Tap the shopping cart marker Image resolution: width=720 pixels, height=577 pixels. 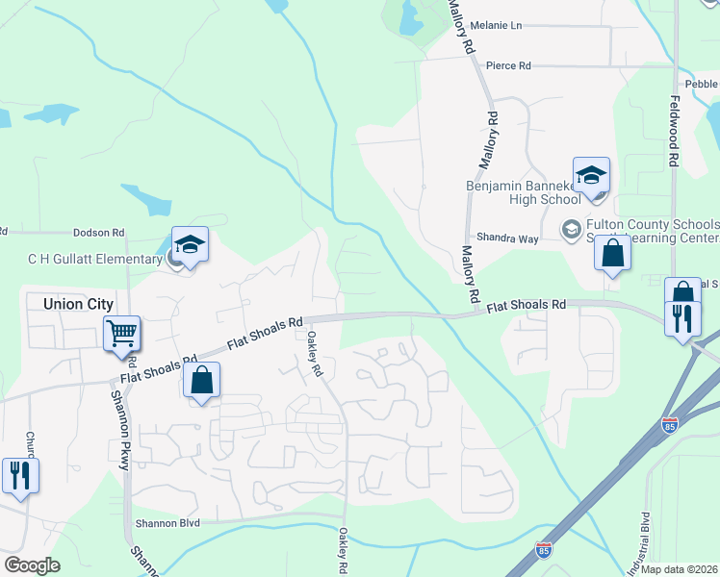pyautogui.click(x=122, y=335)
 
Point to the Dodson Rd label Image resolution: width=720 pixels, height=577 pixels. pyautogui.click(x=100, y=233)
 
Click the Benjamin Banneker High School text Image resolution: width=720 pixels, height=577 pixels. pyautogui.click(x=523, y=192)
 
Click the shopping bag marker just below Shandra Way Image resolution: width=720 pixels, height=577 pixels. pyautogui.click(x=612, y=255)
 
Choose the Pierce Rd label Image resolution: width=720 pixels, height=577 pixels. pyautogui.click(x=508, y=66)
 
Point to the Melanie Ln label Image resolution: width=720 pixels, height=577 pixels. pyautogui.click(x=495, y=25)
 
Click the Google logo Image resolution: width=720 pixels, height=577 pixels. pyautogui.click(x=32, y=565)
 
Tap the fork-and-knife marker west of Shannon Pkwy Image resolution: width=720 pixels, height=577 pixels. pyautogui.click(x=19, y=473)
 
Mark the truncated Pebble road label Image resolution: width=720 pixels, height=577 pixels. pyautogui.click(x=702, y=84)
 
